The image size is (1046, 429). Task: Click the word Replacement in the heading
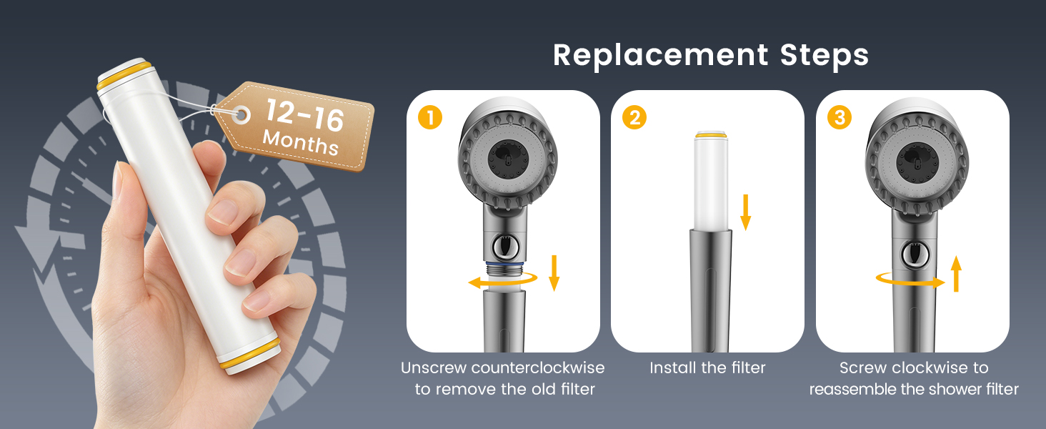tap(660, 56)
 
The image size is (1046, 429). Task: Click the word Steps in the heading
tap(825, 55)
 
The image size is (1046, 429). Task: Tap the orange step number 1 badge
tap(430, 117)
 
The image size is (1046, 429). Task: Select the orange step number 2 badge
tap(634, 117)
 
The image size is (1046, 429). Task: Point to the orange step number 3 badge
tap(840, 117)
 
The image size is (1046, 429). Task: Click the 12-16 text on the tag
tap(305, 115)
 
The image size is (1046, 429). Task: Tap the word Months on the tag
tap(301, 142)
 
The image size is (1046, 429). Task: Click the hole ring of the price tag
tap(241, 114)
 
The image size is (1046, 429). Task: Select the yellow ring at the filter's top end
tap(125, 75)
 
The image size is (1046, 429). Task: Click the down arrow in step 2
tap(746, 212)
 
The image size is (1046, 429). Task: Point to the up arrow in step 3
tap(957, 274)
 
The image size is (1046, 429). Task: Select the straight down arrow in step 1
tap(554, 273)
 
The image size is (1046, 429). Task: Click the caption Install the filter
tap(707, 368)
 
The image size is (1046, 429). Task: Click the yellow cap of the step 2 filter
tap(711, 134)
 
